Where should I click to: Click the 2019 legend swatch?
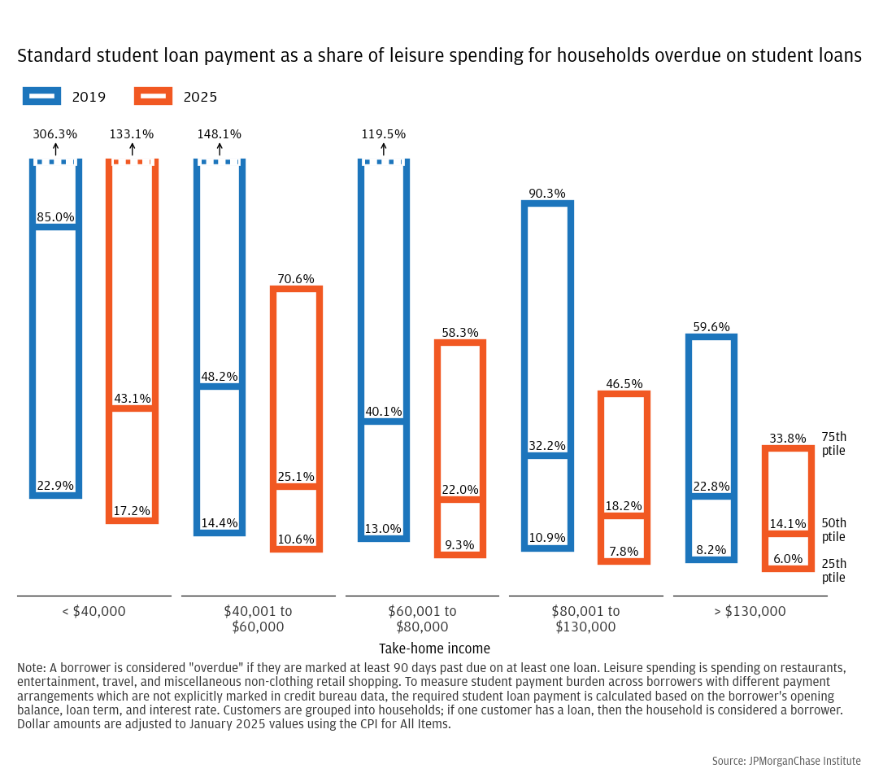pyautogui.click(x=41, y=96)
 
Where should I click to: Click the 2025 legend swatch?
pyautogui.click(x=153, y=96)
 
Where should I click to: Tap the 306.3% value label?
pyautogui.click(x=55, y=134)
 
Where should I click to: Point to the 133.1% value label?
pyautogui.click(x=132, y=134)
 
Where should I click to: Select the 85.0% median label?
pyautogui.click(x=55, y=217)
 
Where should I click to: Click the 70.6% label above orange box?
pyautogui.click(x=296, y=279)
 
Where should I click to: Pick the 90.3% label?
pyautogui.click(x=547, y=194)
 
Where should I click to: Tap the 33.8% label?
pyautogui.click(x=786, y=439)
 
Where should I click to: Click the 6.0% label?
pyautogui.click(x=787, y=559)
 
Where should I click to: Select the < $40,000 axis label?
pyautogui.click(x=94, y=611)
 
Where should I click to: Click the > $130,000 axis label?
pyautogui.click(x=750, y=611)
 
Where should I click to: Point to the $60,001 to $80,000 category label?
pyautogui.click(x=422, y=618)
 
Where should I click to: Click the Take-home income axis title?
pyautogui.click(x=434, y=649)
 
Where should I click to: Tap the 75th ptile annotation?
pyautogui.click(x=833, y=443)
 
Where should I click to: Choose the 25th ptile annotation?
pyautogui.click(x=833, y=570)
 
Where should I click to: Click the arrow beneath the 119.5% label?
pyautogui.click(x=384, y=150)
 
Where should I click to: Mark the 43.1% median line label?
pyautogui.click(x=132, y=399)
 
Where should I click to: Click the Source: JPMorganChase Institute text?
pyautogui.click(x=785, y=761)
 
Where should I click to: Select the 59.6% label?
pyautogui.click(x=711, y=327)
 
